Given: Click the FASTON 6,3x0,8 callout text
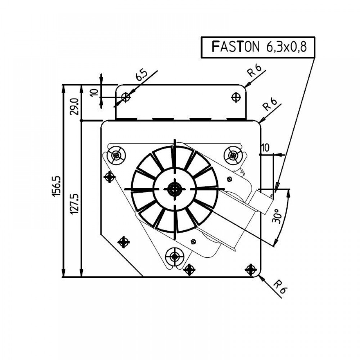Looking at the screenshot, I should (x=258, y=47).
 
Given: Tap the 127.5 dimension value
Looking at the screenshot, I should (x=74, y=203).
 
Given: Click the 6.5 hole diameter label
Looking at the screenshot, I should (x=141, y=76).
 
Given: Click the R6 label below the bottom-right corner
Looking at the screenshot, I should (x=280, y=287).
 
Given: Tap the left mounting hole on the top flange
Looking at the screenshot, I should (x=126, y=97).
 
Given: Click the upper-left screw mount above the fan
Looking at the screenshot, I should (x=116, y=156).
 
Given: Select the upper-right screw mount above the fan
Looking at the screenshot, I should (x=233, y=156).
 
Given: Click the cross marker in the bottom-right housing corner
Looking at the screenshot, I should (x=251, y=269).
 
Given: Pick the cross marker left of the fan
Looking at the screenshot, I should (x=109, y=177).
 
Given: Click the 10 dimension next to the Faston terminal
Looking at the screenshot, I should (x=265, y=148).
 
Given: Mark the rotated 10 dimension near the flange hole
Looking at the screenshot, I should (x=94, y=92).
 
